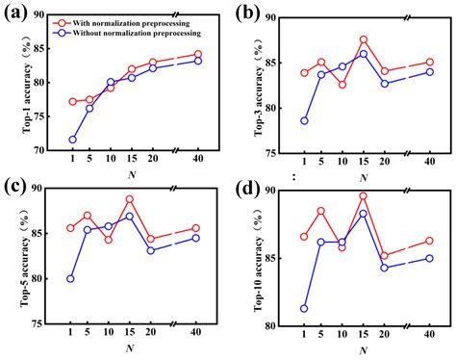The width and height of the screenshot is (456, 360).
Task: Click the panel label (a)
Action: click(x=17, y=13)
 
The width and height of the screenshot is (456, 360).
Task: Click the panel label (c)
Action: click(x=17, y=186)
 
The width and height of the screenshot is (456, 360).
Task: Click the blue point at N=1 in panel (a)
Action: click(x=72, y=140)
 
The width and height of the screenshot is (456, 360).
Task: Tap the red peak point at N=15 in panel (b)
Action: click(x=363, y=39)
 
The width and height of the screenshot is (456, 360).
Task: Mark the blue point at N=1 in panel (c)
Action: click(x=70, y=279)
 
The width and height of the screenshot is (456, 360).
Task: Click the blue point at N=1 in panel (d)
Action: click(x=304, y=309)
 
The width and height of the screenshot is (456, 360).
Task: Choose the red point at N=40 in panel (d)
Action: click(x=429, y=241)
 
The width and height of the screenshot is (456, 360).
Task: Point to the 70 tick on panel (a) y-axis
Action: click(x=49, y=151)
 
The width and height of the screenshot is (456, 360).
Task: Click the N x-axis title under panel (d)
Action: click(x=362, y=349)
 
